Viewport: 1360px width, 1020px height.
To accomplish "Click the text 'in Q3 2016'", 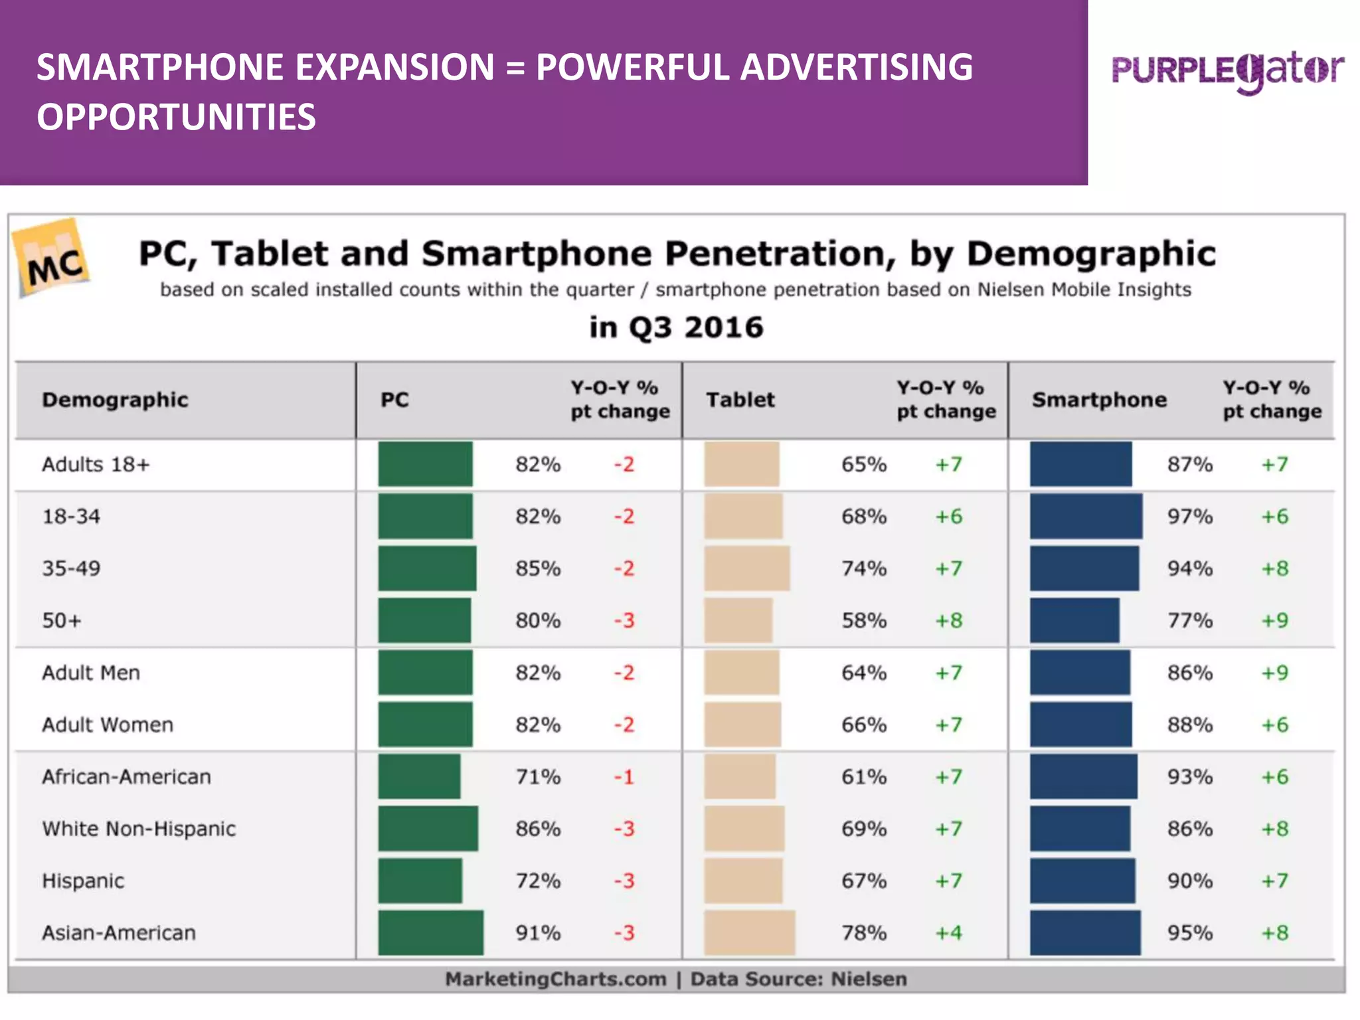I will (676, 327).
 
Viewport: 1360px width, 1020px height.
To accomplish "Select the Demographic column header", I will (115, 400).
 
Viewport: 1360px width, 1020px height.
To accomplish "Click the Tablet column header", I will (740, 400).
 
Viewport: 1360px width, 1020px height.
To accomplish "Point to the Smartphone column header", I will (1099, 400).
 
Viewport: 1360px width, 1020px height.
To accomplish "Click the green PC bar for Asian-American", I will (430, 932).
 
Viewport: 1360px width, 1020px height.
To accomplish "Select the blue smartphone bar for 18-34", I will (1086, 516).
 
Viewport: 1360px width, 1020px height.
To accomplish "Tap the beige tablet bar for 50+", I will (738, 620).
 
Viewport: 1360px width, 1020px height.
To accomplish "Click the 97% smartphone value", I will (1190, 516).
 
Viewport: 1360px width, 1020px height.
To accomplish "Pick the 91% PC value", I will (538, 932).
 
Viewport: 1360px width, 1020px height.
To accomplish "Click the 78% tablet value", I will (864, 932).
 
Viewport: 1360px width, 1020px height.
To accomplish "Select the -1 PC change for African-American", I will (624, 776).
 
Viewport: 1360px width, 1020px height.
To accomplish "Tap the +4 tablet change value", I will (948, 932).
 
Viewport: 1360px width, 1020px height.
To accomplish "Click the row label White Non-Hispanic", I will (139, 829).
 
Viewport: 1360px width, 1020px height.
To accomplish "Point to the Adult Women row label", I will (108, 724).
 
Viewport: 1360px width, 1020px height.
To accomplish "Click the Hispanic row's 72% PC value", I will (538, 881).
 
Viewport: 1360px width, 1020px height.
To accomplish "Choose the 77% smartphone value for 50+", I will (1190, 620).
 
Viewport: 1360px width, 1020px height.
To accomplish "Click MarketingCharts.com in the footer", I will (555, 979).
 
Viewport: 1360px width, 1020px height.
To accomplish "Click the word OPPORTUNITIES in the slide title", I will (176, 117).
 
